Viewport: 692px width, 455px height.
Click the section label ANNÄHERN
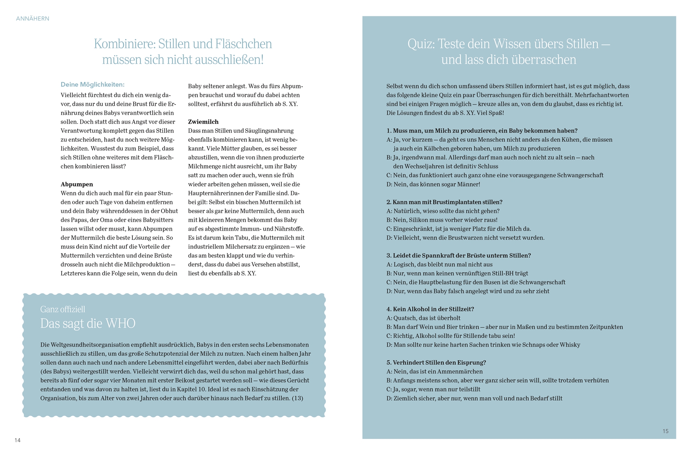[x=33, y=18]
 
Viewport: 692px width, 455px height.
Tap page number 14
[x=17, y=440]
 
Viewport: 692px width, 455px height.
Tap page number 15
[x=665, y=431]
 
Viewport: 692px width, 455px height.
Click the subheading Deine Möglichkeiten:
[x=92, y=85]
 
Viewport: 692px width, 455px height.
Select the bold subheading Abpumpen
[x=77, y=184]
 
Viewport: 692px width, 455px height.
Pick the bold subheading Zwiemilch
[x=203, y=122]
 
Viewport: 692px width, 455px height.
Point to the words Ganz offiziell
[x=63, y=309]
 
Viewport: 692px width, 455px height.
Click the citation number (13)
[x=297, y=398]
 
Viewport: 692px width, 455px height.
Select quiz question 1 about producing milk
[x=482, y=130]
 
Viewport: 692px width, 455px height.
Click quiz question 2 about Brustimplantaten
[x=444, y=202]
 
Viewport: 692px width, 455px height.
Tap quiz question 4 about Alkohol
[x=430, y=309]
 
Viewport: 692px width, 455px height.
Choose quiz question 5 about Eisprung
[x=436, y=362]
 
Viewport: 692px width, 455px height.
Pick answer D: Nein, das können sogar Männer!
[x=433, y=184]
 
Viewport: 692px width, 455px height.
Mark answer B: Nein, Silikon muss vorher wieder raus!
[x=442, y=220]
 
